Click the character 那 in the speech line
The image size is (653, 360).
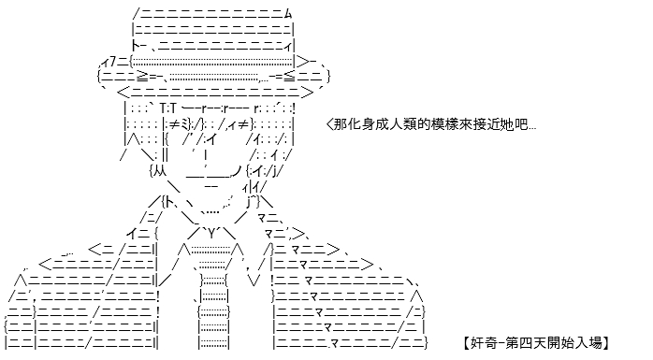341,124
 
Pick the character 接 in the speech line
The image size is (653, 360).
480,124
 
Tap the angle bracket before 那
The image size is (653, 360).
330,124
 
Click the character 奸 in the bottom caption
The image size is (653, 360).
477,343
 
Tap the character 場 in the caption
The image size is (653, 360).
596,343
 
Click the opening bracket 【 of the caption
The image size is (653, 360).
467,343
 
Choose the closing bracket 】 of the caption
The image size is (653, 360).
606,343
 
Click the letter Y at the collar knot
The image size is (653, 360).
212,234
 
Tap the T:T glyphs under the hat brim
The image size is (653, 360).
167,108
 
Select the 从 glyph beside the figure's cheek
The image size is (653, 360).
159,170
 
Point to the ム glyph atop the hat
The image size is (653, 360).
288,14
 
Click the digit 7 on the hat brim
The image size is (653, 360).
112,63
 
